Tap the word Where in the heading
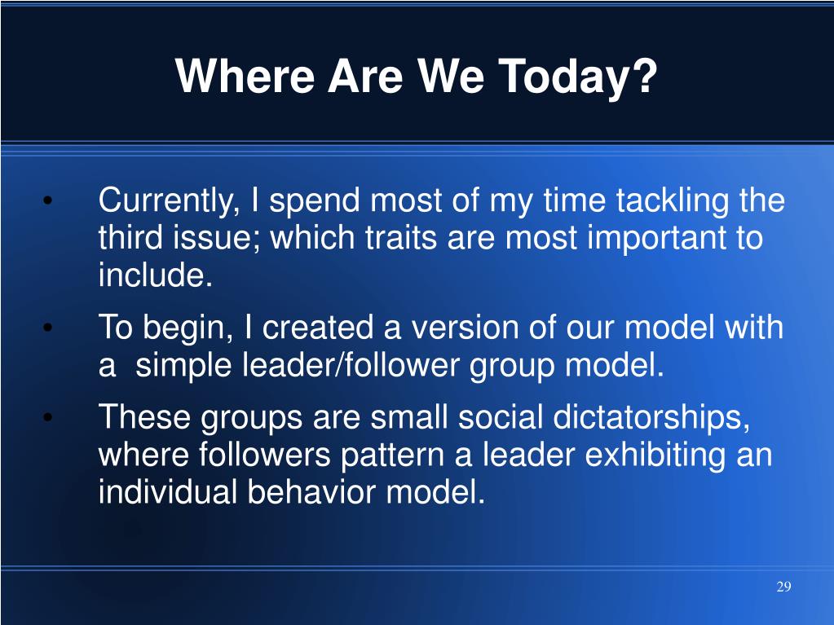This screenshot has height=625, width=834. tap(245, 76)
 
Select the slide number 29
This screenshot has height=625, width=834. tap(783, 586)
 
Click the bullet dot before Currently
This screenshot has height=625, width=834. tap(48, 201)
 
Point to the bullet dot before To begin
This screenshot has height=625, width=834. tap(48, 328)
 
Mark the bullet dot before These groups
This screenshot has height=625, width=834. tap(48, 417)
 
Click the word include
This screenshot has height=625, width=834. tap(156, 275)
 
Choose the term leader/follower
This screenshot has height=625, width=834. tap(351, 365)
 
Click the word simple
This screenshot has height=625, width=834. tap(183, 366)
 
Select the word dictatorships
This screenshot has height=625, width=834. tap(651, 417)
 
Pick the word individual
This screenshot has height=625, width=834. tap(168, 491)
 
